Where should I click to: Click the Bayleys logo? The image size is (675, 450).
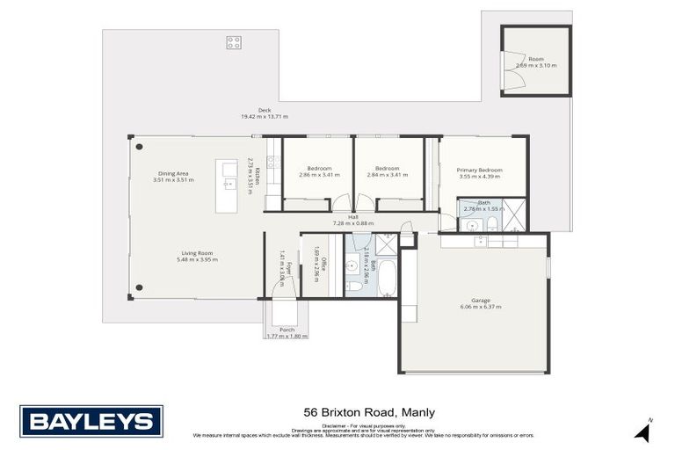tap(91, 420)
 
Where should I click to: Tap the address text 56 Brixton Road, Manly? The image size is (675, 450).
tap(369, 411)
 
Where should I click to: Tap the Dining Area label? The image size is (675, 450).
tap(173, 174)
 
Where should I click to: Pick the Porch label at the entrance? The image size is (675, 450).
tap(287, 330)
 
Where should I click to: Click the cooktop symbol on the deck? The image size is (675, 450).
tap(234, 41)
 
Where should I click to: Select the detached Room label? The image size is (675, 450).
tap(535, 59)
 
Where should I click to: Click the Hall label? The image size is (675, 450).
tap(352, 216)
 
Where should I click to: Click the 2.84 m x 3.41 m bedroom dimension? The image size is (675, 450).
tap(388, 174)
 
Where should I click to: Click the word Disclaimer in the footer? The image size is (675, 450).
tap(335, 425)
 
